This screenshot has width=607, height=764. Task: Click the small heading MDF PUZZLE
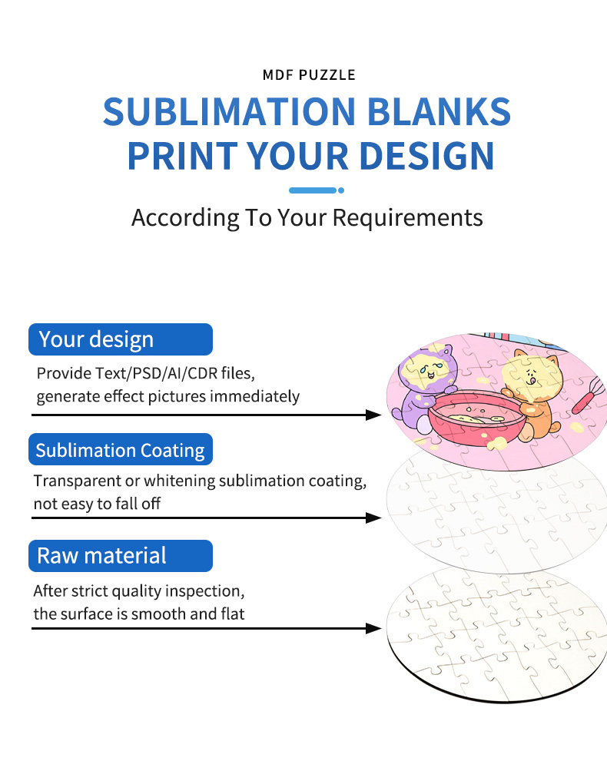point(308,75)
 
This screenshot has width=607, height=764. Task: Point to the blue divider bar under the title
point(313,190)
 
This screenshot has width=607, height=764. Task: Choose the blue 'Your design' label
point(120,339)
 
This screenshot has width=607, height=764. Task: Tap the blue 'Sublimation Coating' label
point(120,450)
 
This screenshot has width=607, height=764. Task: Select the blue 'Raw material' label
point(120,556)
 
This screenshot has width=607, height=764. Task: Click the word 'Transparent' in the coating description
point(72,481)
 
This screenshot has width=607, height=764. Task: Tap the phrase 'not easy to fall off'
point(97,504)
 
